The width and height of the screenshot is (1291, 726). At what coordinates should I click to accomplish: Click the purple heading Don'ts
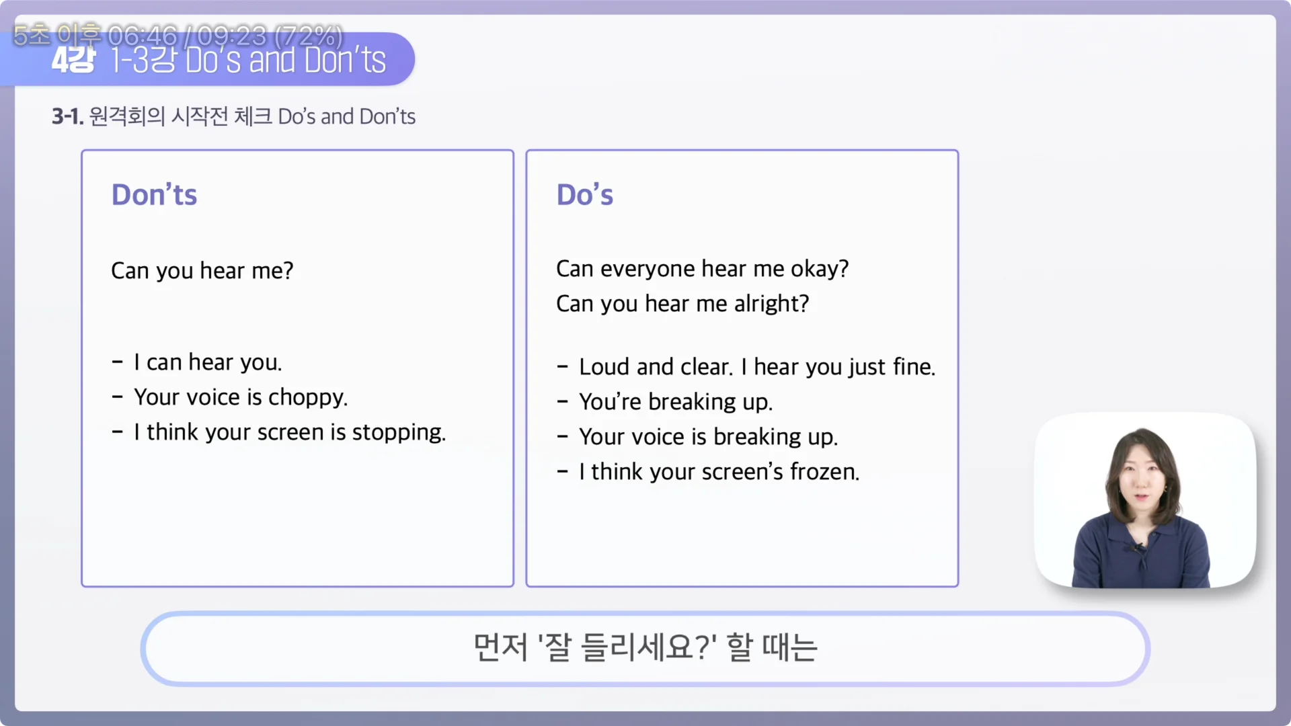tap(154, 195)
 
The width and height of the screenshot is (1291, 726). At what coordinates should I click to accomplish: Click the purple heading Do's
tap(584, 195)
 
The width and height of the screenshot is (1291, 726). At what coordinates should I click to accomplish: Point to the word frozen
tap(824, 472)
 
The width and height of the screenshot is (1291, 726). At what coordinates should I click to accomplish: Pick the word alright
tap(771, 304)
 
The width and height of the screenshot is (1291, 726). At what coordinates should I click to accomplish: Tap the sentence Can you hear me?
tap(202, 271)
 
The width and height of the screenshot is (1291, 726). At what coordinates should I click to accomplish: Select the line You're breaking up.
tap(675, 402)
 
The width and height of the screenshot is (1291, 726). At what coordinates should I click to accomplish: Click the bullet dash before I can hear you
tap(118, 362)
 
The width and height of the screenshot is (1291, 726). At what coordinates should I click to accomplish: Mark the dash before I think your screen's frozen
tap(563, 472)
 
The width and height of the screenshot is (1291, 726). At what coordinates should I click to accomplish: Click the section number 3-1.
tap(67, 117)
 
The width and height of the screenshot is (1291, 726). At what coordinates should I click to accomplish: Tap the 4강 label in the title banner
tap(73, 61)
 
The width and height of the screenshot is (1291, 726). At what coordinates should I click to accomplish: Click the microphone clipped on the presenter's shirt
tap(1138, 548)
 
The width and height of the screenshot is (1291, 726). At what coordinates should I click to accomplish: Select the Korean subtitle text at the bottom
tap(645, 647)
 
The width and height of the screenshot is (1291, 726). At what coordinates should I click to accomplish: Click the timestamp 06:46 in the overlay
tap(143, 35)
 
